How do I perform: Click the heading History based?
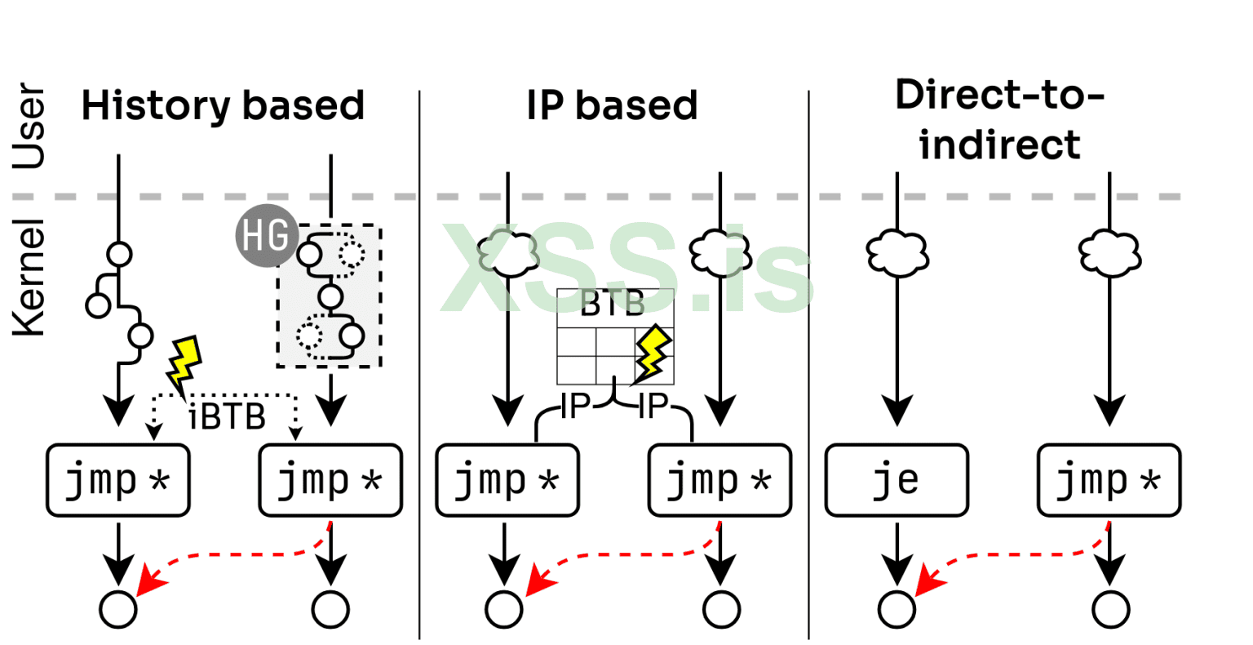(x=222, y=106)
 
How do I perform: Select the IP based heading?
(x=612, y=106)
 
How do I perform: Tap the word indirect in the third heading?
(x=999, y=145)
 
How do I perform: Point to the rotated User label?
(x=29, y=127)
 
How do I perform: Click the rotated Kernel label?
(x=29, y=278)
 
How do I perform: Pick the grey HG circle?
(x=265, y=236)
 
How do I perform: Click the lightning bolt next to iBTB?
(x=184, y=363)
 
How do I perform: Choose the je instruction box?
(x=897, y=480)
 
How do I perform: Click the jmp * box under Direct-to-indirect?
(x=1109, y=480)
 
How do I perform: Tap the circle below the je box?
(x=897, y=609)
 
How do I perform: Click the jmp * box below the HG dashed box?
(x=330, y=480)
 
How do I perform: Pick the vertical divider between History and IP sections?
(x=419, y=367)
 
